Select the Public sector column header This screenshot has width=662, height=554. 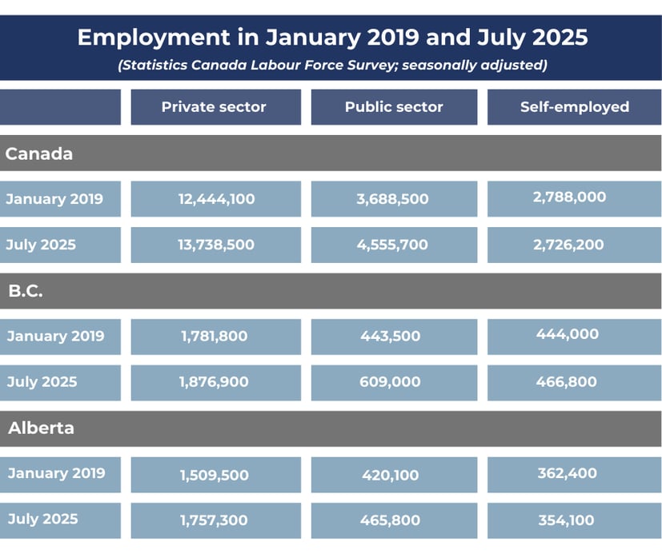click(394, 107)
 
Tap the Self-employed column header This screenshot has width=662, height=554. click(574, 107)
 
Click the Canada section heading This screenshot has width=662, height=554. click(39, 153)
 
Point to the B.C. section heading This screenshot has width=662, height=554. click(26, 291)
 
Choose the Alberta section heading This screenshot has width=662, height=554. click(41, 428)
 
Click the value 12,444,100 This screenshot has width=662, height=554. click(216, 199)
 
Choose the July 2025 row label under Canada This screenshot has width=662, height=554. click(41, 245)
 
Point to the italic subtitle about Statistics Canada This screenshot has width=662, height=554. click(332, 65)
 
